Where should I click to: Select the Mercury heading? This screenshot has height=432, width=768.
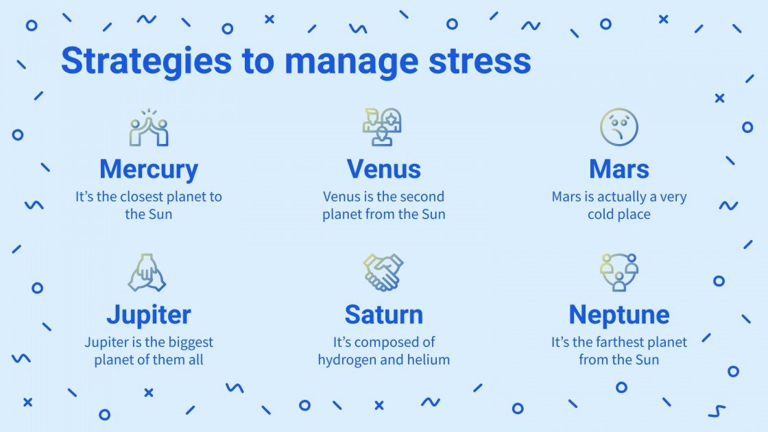pos(149,169)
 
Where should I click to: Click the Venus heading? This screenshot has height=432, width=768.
pos(383,169)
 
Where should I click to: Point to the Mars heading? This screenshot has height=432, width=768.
pos(619,169)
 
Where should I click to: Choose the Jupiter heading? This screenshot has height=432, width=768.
pos(149,315)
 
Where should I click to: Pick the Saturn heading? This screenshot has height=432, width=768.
pos(383,315)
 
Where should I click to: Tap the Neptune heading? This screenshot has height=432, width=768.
pos(619,315)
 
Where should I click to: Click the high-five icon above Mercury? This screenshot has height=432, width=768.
pos(149,128)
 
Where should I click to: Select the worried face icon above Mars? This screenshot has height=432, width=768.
pos(619,128)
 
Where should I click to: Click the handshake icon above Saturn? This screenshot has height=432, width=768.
pos(383,272)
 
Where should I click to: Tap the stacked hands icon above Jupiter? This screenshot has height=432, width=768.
pos(147,272)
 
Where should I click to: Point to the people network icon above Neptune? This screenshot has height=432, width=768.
pos(619,272)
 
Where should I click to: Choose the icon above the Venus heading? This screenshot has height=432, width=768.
pos(383,128)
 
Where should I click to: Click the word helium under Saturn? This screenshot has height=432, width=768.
pos(428,360)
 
